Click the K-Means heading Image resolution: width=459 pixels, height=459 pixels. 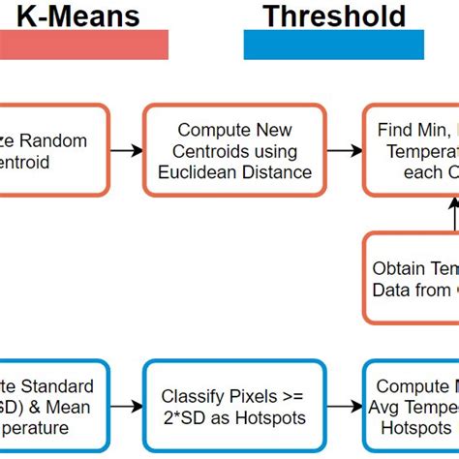[x=77, y=16]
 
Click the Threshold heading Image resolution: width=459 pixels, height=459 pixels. [x=333, y=16]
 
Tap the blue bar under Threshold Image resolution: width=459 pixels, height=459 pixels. [x=334, y=45]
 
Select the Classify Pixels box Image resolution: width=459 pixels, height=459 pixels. [x=232, y=407]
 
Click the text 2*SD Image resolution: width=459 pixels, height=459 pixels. [x=195, y=417]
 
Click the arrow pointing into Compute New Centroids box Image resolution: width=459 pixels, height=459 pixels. [x=125, y=151]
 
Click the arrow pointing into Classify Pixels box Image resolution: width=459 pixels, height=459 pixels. [x=125, y=407]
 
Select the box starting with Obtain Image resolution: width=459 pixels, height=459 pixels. [x=412, y=278]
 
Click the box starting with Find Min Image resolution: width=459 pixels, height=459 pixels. [x=412, y=151]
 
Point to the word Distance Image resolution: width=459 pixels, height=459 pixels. [x=278, y=172]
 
